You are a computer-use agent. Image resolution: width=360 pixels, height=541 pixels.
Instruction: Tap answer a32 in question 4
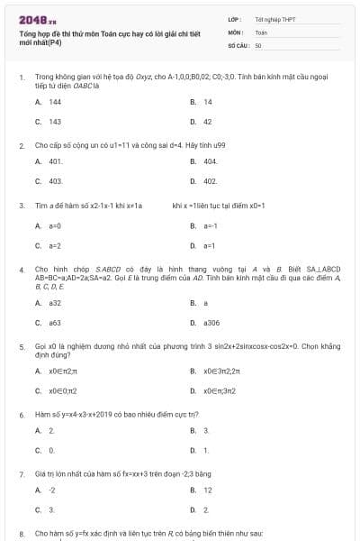55,303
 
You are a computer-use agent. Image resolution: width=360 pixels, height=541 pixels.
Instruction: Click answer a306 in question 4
211,322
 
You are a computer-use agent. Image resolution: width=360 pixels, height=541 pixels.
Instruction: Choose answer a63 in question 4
55,322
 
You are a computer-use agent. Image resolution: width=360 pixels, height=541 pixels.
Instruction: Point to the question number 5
21,346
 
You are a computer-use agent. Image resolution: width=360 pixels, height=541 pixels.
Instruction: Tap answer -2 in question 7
52,491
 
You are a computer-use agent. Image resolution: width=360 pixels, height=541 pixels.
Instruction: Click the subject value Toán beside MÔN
261,32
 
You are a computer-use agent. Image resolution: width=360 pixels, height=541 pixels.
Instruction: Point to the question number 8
21,533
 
